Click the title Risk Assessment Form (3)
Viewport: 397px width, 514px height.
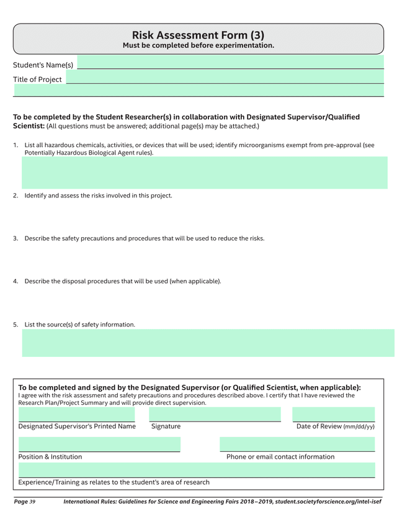(198, 35)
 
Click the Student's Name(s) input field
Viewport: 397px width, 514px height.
(230, 62)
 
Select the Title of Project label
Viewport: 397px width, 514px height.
(37, 79)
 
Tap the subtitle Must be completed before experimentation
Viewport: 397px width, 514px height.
(198, 46)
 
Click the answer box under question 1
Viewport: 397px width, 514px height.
(208, 173)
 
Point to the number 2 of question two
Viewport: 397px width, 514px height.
(16, 196)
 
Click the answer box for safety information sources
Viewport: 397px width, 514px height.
(208, 343)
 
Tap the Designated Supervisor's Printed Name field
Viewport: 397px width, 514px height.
(76, 414)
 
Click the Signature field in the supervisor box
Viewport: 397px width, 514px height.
(215, 414)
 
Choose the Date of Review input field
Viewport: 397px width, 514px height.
(333, 414)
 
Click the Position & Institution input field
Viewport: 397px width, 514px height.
(99, 444)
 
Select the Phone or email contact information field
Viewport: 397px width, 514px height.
(297, 444)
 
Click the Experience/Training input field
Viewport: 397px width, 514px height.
(197, 470)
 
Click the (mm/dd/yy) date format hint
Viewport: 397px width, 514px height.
(359, 427)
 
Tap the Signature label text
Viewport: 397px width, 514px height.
(166, 426)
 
